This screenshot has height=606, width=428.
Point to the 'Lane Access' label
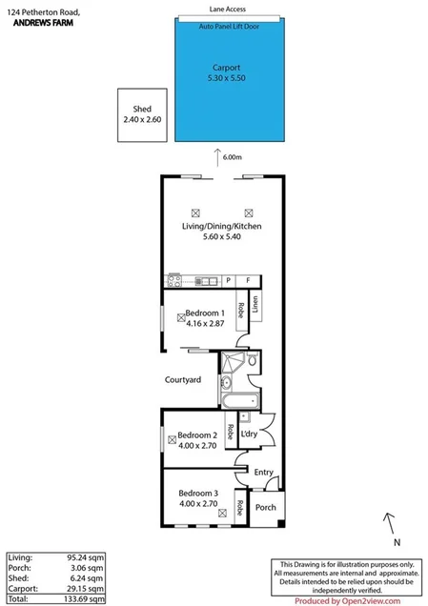[x=228, y=8]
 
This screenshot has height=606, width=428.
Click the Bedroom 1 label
[x=204, y=313]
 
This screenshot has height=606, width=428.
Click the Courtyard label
[x=183, y=380]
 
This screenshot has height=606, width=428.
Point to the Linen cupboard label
[x=255, y=307]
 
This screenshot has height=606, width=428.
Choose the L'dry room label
[x=250, y=434]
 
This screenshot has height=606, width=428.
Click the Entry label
[x=263, y=473]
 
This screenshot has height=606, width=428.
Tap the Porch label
[x=265, y=507]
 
